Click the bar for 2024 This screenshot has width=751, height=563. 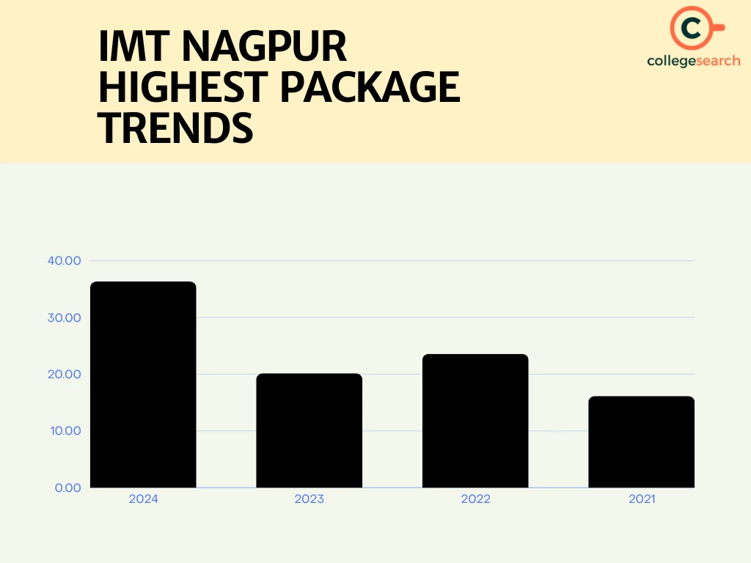143,384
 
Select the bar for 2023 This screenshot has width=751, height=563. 309,430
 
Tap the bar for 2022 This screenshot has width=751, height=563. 475,421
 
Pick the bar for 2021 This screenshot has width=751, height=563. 641,441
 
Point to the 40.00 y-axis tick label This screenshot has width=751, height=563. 65,261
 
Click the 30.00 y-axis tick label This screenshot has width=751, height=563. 65,317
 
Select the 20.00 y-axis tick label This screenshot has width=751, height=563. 65,374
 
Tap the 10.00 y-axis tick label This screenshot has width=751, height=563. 65,430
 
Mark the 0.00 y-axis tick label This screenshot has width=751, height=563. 67,487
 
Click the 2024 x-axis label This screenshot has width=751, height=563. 143,499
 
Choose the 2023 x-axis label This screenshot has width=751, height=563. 309,499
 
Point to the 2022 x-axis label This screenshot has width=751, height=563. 475,499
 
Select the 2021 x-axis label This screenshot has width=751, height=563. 641,499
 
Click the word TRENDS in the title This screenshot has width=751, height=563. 175,128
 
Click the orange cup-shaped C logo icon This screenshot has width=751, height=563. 692,28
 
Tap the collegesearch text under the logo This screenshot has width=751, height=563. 693,61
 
